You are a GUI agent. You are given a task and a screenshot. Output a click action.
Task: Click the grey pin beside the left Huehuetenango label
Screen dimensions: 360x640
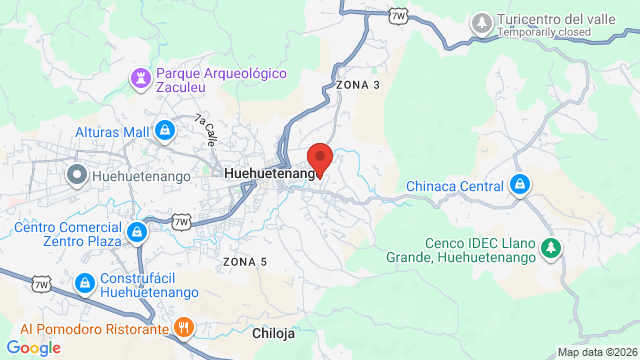[x=76, y=176]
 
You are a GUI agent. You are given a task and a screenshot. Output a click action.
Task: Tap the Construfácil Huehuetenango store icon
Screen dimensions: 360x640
[x=86, y=284]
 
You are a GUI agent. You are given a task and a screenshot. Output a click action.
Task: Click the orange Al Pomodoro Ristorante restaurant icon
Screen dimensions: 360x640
[x=184, y=327]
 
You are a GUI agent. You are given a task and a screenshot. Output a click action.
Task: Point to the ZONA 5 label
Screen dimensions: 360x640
[x=245, y=262]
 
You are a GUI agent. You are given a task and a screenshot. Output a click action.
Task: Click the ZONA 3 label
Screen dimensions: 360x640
[x=358, y=85]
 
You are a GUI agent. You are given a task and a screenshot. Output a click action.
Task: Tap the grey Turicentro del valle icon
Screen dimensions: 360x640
[x=482, y=20]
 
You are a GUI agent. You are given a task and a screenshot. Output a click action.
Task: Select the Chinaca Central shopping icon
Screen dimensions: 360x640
[x=519, y=186]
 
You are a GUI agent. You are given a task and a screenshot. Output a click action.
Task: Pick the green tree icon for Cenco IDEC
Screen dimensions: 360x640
[x=549, y=247]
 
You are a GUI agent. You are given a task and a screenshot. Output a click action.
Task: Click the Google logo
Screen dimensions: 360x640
[x=33, y=347]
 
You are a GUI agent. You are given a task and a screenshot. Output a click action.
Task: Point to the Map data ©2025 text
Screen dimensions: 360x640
[x=597, y=352]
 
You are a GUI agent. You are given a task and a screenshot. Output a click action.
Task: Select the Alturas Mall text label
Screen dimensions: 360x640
[x=111, y=131]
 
